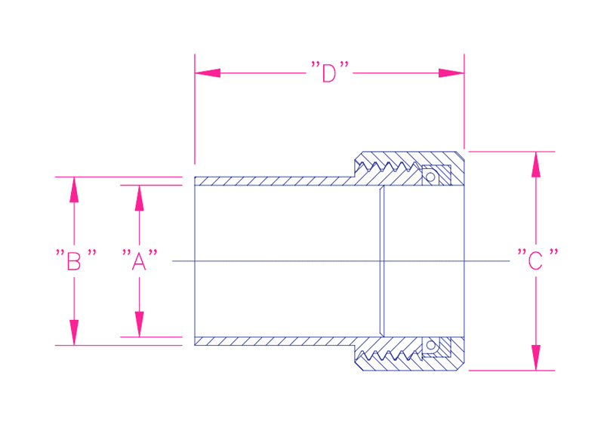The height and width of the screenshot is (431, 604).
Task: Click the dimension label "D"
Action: pyautogui.click(x=330, y=72)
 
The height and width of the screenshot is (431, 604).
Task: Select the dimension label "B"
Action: pyautogui.click(x=75, y=260)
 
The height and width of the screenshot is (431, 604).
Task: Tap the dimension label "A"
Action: pyautogui.click(x=140, y=260)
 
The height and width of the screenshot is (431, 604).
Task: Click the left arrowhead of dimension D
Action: pyautogui.click(x=208, y=72)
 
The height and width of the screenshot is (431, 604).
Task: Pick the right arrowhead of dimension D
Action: pyautogui.click(x=451, y=72)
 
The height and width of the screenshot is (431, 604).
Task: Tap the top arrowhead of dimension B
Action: pyautogui.click(x=74, y=190)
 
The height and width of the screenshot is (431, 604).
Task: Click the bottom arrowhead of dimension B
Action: pyautogui.click(x=74, y=332)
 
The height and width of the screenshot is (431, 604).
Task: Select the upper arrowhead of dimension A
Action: pyautogui.click(x=140, y=198)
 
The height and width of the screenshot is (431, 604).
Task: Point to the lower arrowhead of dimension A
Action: pyautogui.click(x=140, y=324)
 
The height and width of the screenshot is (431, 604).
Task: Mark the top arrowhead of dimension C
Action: pyautogui.click(x=536, y=165)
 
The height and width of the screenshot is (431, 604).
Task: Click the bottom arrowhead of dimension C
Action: pyautogui.click(x=536, y=358)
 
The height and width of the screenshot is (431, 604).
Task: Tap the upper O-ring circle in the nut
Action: pyautogui.click(x=430, y=177)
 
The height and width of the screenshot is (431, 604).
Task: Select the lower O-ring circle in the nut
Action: pyautogui.click(x=430, y=345)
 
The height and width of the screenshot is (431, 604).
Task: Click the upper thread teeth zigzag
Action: pyautogui.click(x=388, y=166)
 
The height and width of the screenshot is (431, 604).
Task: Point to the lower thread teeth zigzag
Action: pyautogui.click(x=388, y=356)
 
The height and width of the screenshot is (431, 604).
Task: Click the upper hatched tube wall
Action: pyautogui.click(x=274, y=181)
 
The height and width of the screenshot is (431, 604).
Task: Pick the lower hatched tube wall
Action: pyautogui.click(x=274, y=341)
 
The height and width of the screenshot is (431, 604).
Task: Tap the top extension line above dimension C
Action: pyautogui.click(x=512, y=152)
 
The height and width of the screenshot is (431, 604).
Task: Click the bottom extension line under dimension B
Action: pyautogui.click(x=119, y=345)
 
